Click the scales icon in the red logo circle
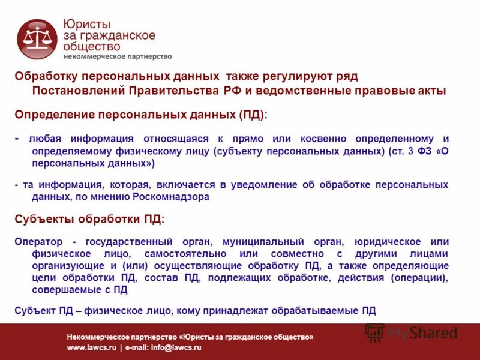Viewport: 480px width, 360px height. (x=37, y=39)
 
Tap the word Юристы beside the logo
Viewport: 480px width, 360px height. (x=87, y=25)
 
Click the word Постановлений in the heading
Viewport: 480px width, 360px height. (x=76, y=91)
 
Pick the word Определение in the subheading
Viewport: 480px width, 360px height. (x=53, y=114)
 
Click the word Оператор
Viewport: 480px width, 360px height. (x=38, y=241)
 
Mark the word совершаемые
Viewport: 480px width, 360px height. (x=61, y=289)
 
